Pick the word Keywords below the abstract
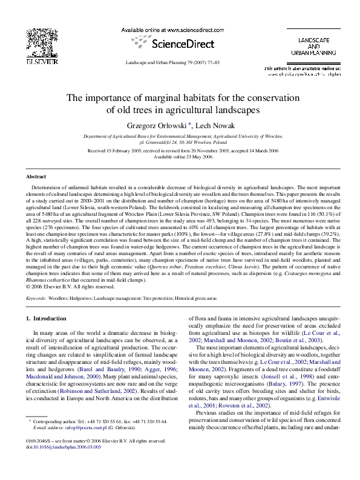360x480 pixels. pyautogui.click(x=38, y=299)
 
